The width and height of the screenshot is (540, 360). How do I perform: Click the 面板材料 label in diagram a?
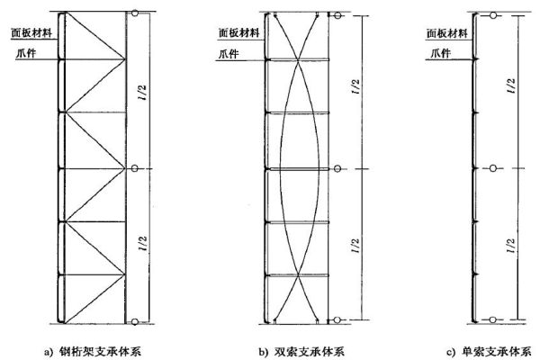tap(31, 32)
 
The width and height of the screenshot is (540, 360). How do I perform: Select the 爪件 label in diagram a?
tap(26, 53)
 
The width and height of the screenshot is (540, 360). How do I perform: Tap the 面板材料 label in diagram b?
tap(238, 32)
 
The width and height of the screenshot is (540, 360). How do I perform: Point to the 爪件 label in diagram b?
tap(229, 54)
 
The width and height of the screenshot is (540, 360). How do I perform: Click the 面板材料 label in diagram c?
tap(447, 33)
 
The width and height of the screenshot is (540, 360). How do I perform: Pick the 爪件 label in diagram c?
tap(441, 53)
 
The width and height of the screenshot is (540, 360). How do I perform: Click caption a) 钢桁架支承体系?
tap(93, 352)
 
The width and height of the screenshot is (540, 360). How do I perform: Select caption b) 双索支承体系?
tap(301, 352)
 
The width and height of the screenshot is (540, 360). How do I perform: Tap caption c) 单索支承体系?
tap(489, 352)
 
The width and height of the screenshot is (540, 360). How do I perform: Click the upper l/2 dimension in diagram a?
tap(143, 92)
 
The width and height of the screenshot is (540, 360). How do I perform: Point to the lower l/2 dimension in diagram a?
tap(143, 243)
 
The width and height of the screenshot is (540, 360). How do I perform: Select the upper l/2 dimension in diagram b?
tap(355, 86)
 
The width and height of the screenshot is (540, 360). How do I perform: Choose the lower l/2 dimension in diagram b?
tap(355, 246)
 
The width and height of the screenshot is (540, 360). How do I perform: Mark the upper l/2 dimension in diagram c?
tap(512, 85)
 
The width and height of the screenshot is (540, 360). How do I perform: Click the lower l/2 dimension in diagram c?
tap(511, 246)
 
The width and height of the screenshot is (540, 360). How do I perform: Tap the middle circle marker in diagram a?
tap(135, 168)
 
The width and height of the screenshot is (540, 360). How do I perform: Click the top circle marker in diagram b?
tap(337, 15)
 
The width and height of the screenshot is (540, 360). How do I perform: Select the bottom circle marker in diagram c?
tap(493, 319)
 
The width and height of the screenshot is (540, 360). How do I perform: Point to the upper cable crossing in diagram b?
tap(298, 60)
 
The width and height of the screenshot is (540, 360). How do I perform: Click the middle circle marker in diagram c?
tap(493, 168)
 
